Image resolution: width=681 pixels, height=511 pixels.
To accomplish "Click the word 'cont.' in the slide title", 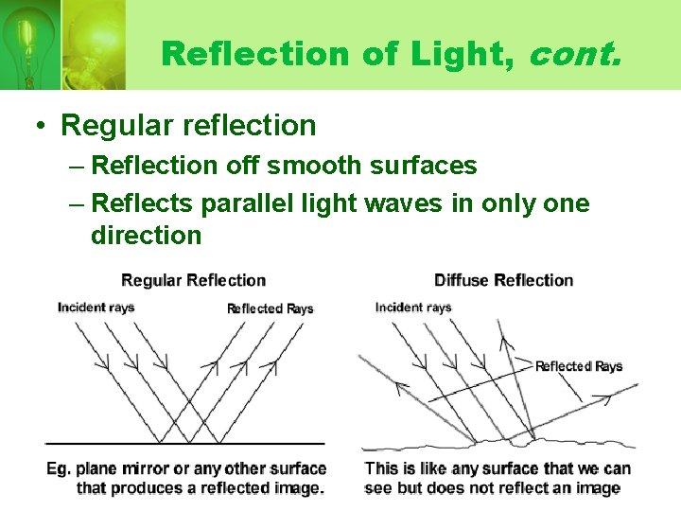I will [576, 53].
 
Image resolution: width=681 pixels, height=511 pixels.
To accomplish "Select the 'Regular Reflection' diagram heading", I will [194, 280].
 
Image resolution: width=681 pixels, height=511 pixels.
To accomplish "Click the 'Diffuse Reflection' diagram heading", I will [503, 280].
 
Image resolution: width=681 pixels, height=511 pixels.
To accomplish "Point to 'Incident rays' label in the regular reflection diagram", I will [96, 307].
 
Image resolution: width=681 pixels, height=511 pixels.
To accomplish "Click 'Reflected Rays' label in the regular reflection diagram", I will [270, 308].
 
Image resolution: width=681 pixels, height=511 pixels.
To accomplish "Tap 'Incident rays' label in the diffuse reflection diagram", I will [413, 307].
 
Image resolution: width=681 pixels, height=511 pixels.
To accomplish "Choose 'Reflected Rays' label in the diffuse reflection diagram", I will [579, 366].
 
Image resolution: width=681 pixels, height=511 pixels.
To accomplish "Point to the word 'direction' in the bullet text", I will [146, 235].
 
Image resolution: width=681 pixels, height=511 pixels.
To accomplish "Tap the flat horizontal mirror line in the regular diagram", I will [184, 442].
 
